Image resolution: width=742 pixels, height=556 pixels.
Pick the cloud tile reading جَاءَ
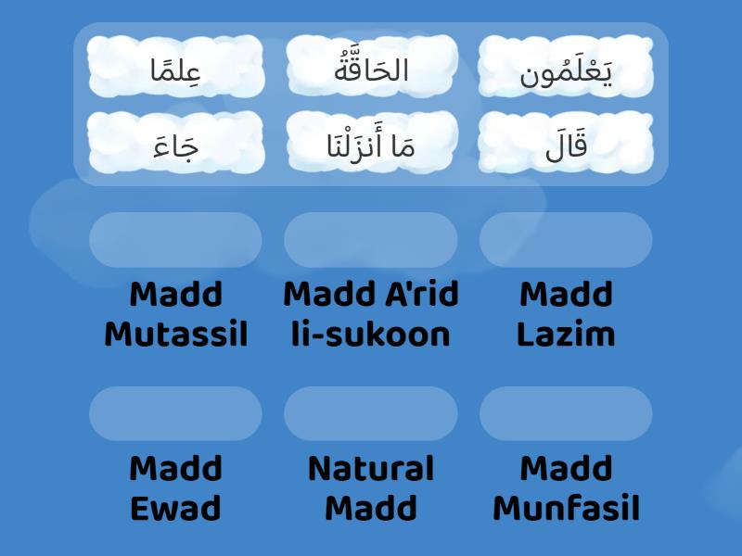(x=176, y=143)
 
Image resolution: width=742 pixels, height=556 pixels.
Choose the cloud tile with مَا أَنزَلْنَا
(x=371, y=143)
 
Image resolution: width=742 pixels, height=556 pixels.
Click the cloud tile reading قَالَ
(x=566, y=143)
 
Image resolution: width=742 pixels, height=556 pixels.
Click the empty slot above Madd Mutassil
(x=176, y=240)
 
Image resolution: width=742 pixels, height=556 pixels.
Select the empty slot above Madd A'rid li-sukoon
(x=371, y=240)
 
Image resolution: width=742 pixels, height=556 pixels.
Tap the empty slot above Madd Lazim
(x=566, y=240)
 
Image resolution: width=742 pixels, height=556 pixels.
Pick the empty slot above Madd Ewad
(x=176, y=413)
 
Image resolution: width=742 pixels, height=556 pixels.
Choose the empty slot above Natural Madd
(x=371, y=413)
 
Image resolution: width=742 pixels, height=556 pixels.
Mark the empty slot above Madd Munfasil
(x=566, y=413)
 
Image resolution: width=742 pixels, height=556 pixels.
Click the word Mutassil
(x=176, y=335)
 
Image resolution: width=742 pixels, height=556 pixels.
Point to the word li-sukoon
(x=371, y=335)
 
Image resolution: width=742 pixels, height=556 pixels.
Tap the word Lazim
(x=566, y=335)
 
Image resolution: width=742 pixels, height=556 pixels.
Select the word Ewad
(x=176, y=509)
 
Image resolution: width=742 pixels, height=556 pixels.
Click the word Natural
(x=371, y=469)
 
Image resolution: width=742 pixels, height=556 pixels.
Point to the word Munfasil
(x=566, y=509)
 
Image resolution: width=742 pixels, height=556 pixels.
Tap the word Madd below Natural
(x=371, y=509)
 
